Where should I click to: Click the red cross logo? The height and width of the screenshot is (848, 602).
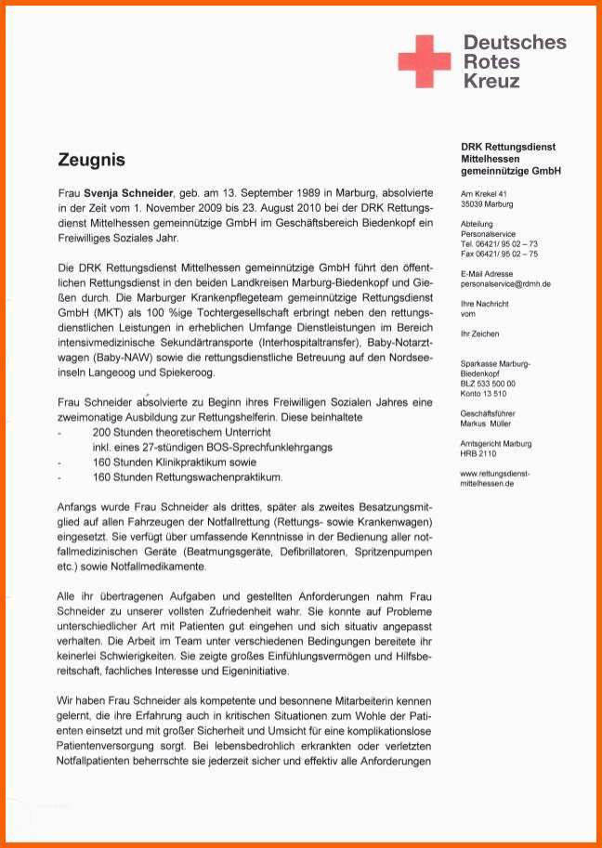[424, 60]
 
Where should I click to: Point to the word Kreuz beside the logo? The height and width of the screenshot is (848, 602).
[491, 81]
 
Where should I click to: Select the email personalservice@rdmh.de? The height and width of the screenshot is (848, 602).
[505, 283]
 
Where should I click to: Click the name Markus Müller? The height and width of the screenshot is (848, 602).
[486, 423]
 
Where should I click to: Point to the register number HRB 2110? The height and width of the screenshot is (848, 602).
[478, 453]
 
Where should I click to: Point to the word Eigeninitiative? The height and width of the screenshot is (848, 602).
[245, 671]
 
